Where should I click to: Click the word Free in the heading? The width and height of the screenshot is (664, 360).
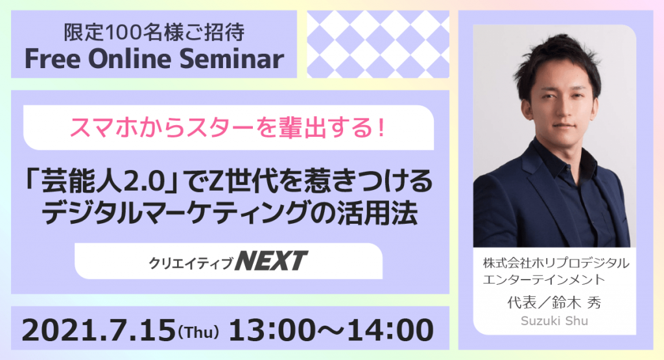53,59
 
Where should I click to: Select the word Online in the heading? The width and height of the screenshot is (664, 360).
130,59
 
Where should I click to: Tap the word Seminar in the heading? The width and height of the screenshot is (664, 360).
231,59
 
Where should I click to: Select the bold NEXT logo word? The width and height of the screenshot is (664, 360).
272,261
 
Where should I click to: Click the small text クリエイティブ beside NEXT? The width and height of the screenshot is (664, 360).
191,263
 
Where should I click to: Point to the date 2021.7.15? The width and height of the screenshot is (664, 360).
99,330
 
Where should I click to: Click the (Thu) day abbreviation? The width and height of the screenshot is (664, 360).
198,332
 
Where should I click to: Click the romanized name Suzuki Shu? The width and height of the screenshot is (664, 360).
554,320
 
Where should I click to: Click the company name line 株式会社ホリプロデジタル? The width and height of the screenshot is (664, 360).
556,263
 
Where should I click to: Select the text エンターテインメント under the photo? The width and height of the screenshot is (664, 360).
544,280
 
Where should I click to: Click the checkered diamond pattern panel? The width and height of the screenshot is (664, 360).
378,44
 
